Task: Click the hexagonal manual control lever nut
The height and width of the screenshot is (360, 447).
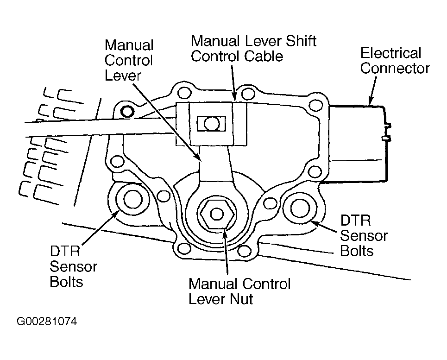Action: pos(217,214)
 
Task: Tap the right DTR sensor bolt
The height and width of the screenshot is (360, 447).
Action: pos(300,208)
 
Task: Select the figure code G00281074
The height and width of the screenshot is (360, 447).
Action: pos(47,322)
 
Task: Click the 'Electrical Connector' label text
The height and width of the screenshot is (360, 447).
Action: pos(395,61)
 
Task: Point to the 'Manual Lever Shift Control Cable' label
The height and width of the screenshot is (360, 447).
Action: pos(253,49)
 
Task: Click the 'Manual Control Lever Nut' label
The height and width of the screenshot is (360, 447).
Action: pos(239,291)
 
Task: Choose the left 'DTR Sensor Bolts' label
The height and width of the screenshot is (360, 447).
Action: pos(73,266)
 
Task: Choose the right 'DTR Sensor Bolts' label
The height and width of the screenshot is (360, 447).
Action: pos(364,236)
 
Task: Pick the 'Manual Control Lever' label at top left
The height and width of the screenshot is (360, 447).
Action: pos(129,60)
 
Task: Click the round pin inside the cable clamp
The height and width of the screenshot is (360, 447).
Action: pos(212,124)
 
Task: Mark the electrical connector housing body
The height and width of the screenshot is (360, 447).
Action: pos(357,144)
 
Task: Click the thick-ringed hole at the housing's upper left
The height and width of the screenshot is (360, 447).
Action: pos(127,111)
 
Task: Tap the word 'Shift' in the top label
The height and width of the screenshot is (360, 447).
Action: pos(301,41)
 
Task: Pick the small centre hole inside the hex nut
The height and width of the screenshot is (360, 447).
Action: pos(217,214)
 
